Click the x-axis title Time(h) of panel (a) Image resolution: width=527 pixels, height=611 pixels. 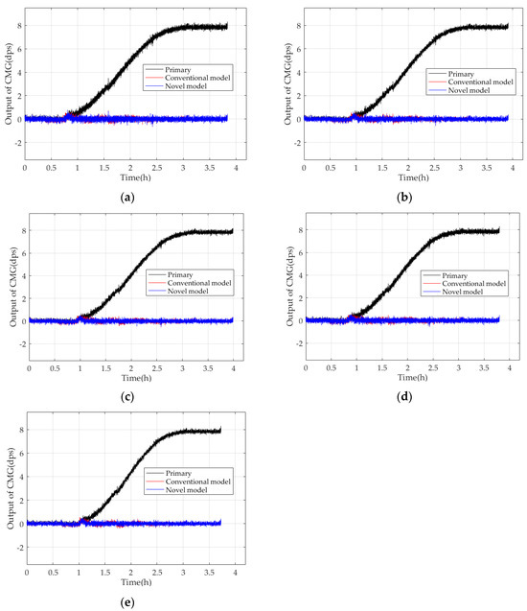tap(129, 176)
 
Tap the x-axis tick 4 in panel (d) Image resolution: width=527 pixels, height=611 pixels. tap(510, 369)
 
